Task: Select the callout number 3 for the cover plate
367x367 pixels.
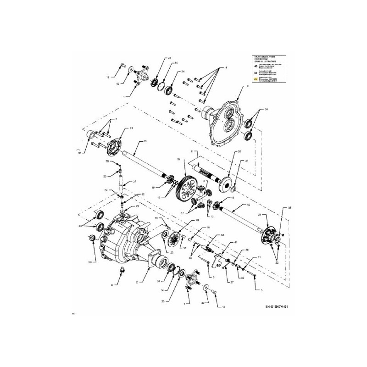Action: (x=247, y=86)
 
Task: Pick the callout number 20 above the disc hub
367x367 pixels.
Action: (x=239, y=151)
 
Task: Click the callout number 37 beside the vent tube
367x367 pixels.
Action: (x=135, y=182)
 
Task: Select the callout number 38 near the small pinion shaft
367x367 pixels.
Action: (x=222, y=235)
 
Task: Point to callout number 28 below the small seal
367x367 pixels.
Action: (x=90, y=262)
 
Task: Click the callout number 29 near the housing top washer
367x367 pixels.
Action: (x=137, y=206)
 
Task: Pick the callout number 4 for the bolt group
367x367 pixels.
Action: (x=226, y=68)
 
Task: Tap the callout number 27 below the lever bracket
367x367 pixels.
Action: (x=232, y=283)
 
